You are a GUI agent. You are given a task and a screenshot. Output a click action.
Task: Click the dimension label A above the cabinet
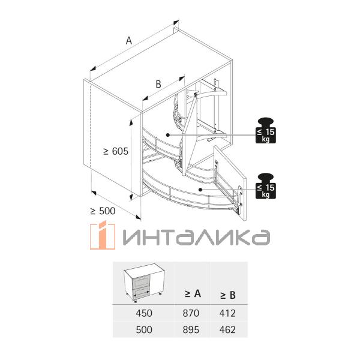pyautogui.click(x=128, y=40)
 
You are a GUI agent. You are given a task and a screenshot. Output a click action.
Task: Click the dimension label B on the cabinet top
pyautogui.click(x=158, y=85)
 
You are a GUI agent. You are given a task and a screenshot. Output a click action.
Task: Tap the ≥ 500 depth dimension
pyautogui.click(x=103, y=211)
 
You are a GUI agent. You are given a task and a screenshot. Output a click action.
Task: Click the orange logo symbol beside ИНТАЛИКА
pyautogui.click(x=101, y=236)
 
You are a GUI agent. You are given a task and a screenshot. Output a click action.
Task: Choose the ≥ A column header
pyautogui.click(x=192, y=294)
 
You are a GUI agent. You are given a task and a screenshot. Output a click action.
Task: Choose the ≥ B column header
pyautogui.click(x=227, y=295)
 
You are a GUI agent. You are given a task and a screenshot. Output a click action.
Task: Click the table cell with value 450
pyautogui.click(x=144, y=313)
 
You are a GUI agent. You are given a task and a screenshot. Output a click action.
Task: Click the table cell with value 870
pyautogui.click(x=192, y=313)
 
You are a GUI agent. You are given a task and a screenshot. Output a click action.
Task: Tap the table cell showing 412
pyautogui.click(x=227, y=313)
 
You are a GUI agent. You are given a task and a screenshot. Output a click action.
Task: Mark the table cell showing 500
pyautogui.click(x=144, y=329)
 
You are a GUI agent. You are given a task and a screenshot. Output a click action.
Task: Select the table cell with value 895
pyautogui.click(x=192, y=329)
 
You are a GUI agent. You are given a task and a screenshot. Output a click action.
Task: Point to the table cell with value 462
pyautogui.click(x=227, y=329)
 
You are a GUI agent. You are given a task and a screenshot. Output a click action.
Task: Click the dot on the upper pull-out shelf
pyautogui.click(x=168, y=135)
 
